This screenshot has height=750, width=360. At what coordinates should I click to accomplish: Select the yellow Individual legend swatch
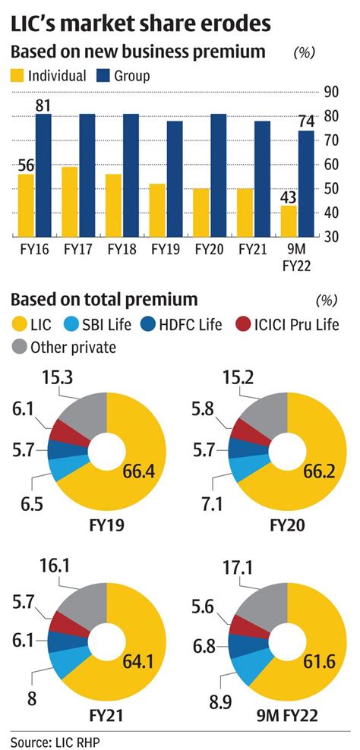17,75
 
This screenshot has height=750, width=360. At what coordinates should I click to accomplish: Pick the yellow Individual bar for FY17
68,202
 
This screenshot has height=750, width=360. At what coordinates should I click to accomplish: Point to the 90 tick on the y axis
330,92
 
